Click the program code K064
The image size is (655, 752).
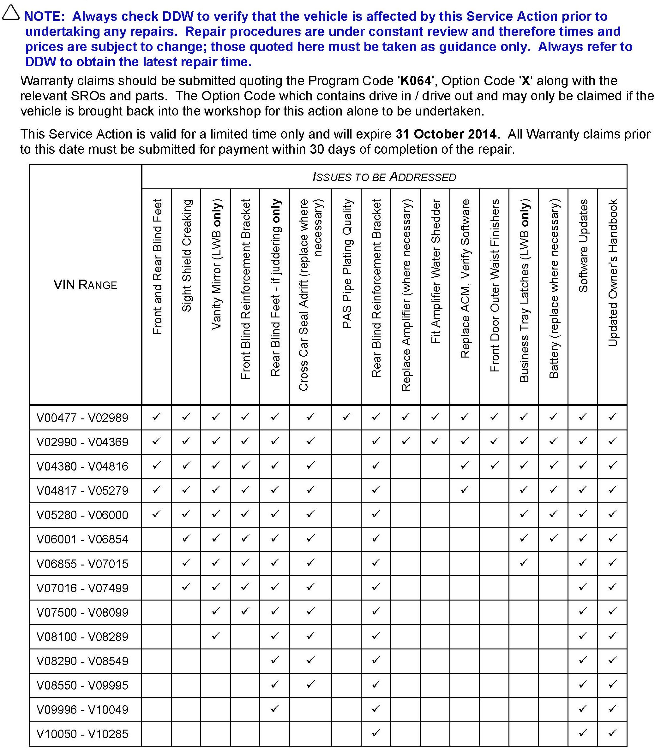tap(416, 81)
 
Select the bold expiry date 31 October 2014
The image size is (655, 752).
tap(446, 134)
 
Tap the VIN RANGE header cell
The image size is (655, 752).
tap(85, 285)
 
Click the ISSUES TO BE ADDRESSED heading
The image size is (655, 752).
tap(384, 177)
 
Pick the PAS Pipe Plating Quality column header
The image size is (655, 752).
tap(346, 264)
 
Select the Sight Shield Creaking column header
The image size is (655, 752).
tap(186, 256)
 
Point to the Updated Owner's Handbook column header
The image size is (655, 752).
tap(613, 272)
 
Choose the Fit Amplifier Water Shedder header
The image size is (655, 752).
tap(435, 271)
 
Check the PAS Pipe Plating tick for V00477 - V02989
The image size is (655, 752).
tap(346, 416)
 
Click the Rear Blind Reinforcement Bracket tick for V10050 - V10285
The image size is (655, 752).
tap(376, 733)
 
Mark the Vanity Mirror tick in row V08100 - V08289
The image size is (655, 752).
tap(216, 636)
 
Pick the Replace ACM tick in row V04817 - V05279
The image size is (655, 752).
tap(465, 489)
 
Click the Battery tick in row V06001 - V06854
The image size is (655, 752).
tap(553, 538)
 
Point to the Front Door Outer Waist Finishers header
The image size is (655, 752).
tap(494, 286)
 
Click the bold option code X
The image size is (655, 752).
tap(525, 81)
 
